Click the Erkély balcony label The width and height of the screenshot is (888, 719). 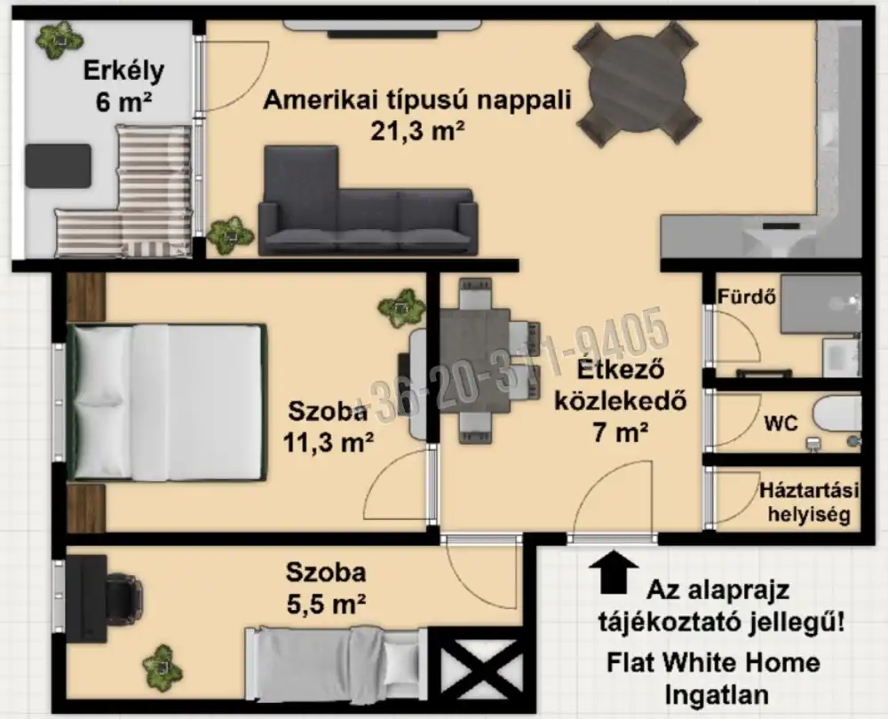(123, 71)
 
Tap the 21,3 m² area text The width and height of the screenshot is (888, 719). (417, 131)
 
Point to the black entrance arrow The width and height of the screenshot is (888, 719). (614, 573)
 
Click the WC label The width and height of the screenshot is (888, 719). (781, 423)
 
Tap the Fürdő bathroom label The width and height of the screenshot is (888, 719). (747, 296)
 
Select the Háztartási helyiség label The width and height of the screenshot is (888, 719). (809, 502)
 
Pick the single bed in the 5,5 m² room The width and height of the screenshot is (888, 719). (337, 663)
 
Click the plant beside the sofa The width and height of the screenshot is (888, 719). (229, 235)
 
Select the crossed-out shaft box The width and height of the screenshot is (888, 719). (480, 669)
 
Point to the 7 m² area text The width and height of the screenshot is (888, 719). (620, 433)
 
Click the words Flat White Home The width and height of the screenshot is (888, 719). (713, 662)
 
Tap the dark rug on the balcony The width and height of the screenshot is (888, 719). (59, 166)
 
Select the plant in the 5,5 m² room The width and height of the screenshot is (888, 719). (163, 665)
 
